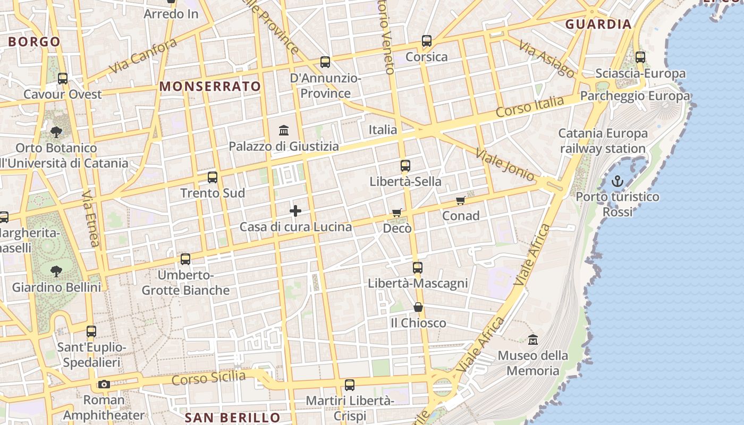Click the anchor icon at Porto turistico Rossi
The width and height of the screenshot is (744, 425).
pos(617,182)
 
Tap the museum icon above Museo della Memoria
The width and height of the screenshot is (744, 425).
pos(532,339)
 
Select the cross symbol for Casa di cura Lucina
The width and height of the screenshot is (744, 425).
pos(295,211)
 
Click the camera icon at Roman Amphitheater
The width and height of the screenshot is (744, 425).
pos(104,384)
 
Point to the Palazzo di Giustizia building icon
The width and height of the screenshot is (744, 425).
pos(284,130)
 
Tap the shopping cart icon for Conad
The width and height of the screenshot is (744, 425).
pos(461,200)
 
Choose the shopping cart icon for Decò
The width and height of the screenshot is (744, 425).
pos(396,212)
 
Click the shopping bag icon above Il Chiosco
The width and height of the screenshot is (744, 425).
pos(418,308)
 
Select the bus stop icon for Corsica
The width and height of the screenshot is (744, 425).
pos(426,41)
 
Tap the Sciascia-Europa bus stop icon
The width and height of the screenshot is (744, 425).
pos(640,57)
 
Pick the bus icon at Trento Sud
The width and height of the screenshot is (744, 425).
pos(213,177)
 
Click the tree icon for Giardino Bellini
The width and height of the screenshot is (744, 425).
pos(56,271)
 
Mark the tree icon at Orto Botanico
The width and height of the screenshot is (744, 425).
pos(56,132)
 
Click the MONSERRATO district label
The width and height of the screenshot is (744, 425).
pos(210,86)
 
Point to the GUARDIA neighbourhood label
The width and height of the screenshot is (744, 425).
pos(598,24)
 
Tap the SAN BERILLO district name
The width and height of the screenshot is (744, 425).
pos(232,418)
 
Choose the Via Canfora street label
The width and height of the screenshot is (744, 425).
pos(142,56)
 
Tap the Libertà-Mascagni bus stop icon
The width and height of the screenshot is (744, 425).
pos(418,268)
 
